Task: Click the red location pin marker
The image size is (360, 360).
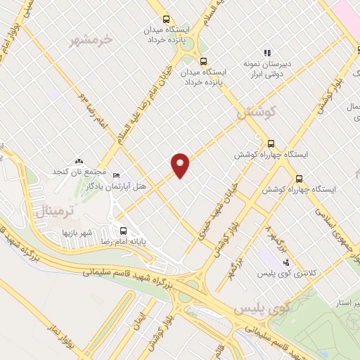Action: [x=181, y=165]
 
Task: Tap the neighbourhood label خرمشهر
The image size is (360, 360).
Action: [x=91, y=40]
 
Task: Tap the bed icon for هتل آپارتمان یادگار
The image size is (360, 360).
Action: [x=117, y=176]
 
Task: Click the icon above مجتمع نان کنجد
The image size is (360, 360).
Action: [x=79, y=162]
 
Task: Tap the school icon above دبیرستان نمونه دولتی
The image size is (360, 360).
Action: [x=267, y=52]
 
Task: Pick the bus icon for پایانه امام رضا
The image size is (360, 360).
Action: [x=124, y=230]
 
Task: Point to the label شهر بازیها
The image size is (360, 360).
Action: [x=77, y=232]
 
